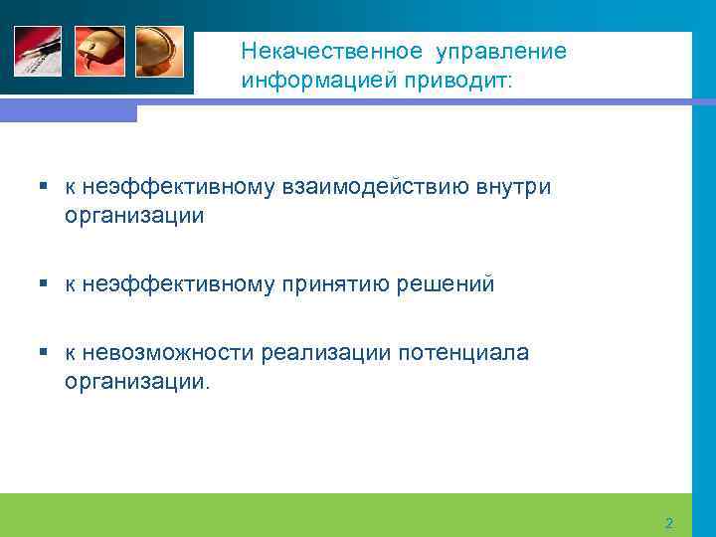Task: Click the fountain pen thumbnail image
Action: tap(38, 51)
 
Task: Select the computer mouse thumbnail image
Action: tap(99, 51)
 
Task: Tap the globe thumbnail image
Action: tap(159, 51)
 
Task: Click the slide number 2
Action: tap(668, 523)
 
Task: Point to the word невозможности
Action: tap(170, 353)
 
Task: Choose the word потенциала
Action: tap(463, 353)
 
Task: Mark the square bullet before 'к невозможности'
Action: tap(44, 353)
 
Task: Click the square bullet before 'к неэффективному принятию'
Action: tap(44, 284)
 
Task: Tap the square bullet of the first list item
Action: tap(44, 186)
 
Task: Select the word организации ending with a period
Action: tap(137, 382)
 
